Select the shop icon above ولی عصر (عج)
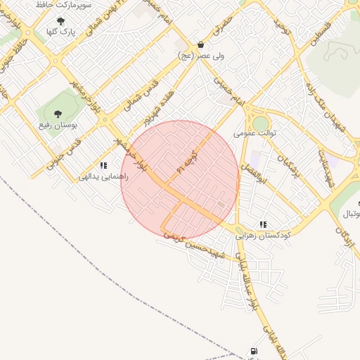pos(201,44)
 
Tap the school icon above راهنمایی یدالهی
pos(103,166)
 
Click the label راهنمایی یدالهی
pos(103,177)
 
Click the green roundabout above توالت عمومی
pos(261,123)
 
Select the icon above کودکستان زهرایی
pos(263,224)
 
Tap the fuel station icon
pos(252,351)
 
